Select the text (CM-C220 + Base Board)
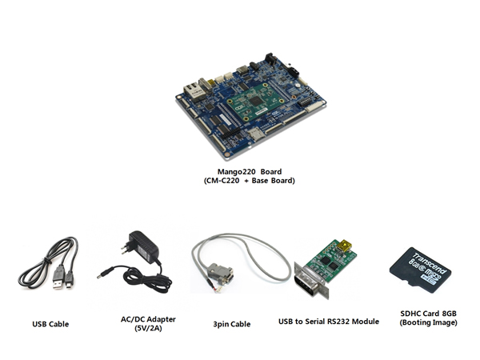250,181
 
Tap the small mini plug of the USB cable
70,281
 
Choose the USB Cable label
50,324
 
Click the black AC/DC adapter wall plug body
144,249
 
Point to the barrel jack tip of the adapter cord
102,274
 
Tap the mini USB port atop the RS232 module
346,242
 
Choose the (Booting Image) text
429,322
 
